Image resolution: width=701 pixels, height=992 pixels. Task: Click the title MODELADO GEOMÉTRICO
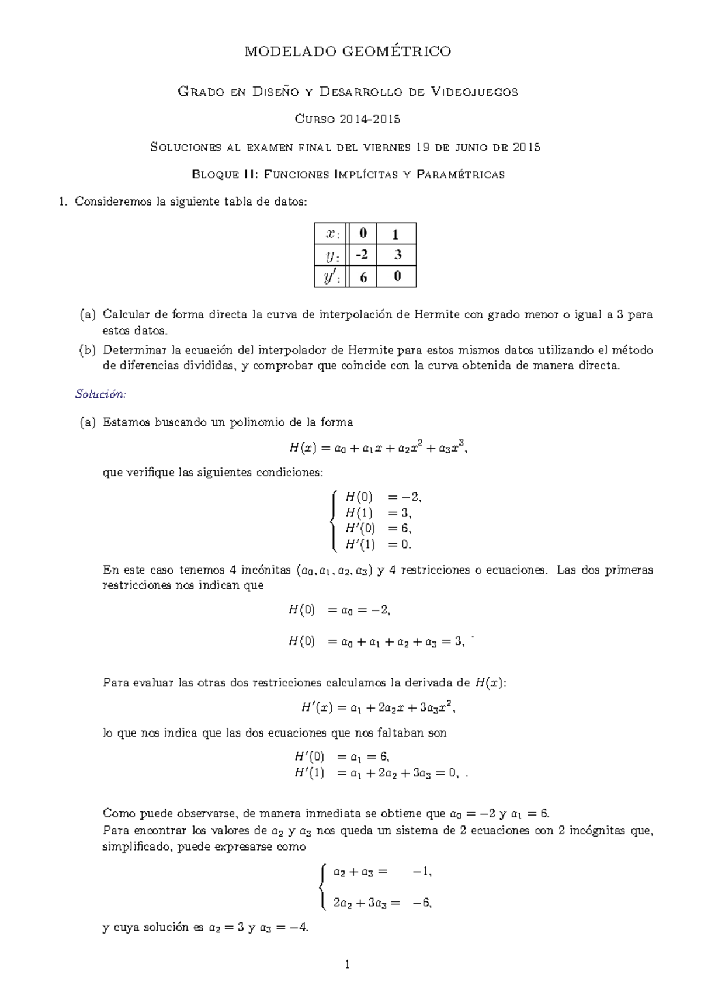pyautogui.click(x=348, y=51)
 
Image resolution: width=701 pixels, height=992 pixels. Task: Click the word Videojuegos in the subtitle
pyautogui.click(x=474, y=92)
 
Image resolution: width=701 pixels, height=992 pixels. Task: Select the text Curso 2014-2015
pyautogui.click(x=348, y=119)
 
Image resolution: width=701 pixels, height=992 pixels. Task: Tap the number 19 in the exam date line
pyautogui.click(x=422, y=147)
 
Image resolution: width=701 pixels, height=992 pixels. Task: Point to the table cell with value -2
pyautogui.click(x=362, y=255)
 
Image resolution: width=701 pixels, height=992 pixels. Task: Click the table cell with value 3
pyautogui.click(x=397, y=255)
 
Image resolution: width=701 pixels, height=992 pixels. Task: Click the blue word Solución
pyautogui.click(x=100, y=394)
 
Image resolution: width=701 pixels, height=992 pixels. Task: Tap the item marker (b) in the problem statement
pyautogui.click(x=87, y=350)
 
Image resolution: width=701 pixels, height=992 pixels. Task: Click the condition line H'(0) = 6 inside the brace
pyautogui.click(x=378, y=529)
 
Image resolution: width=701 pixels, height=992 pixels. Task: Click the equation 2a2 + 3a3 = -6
pyautogui.click(x=382, y=903)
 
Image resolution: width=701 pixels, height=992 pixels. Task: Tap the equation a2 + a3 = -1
pyautogui.click(x=382, y=872)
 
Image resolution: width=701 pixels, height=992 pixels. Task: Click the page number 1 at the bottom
pyautogui.click(x=348, y=965)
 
